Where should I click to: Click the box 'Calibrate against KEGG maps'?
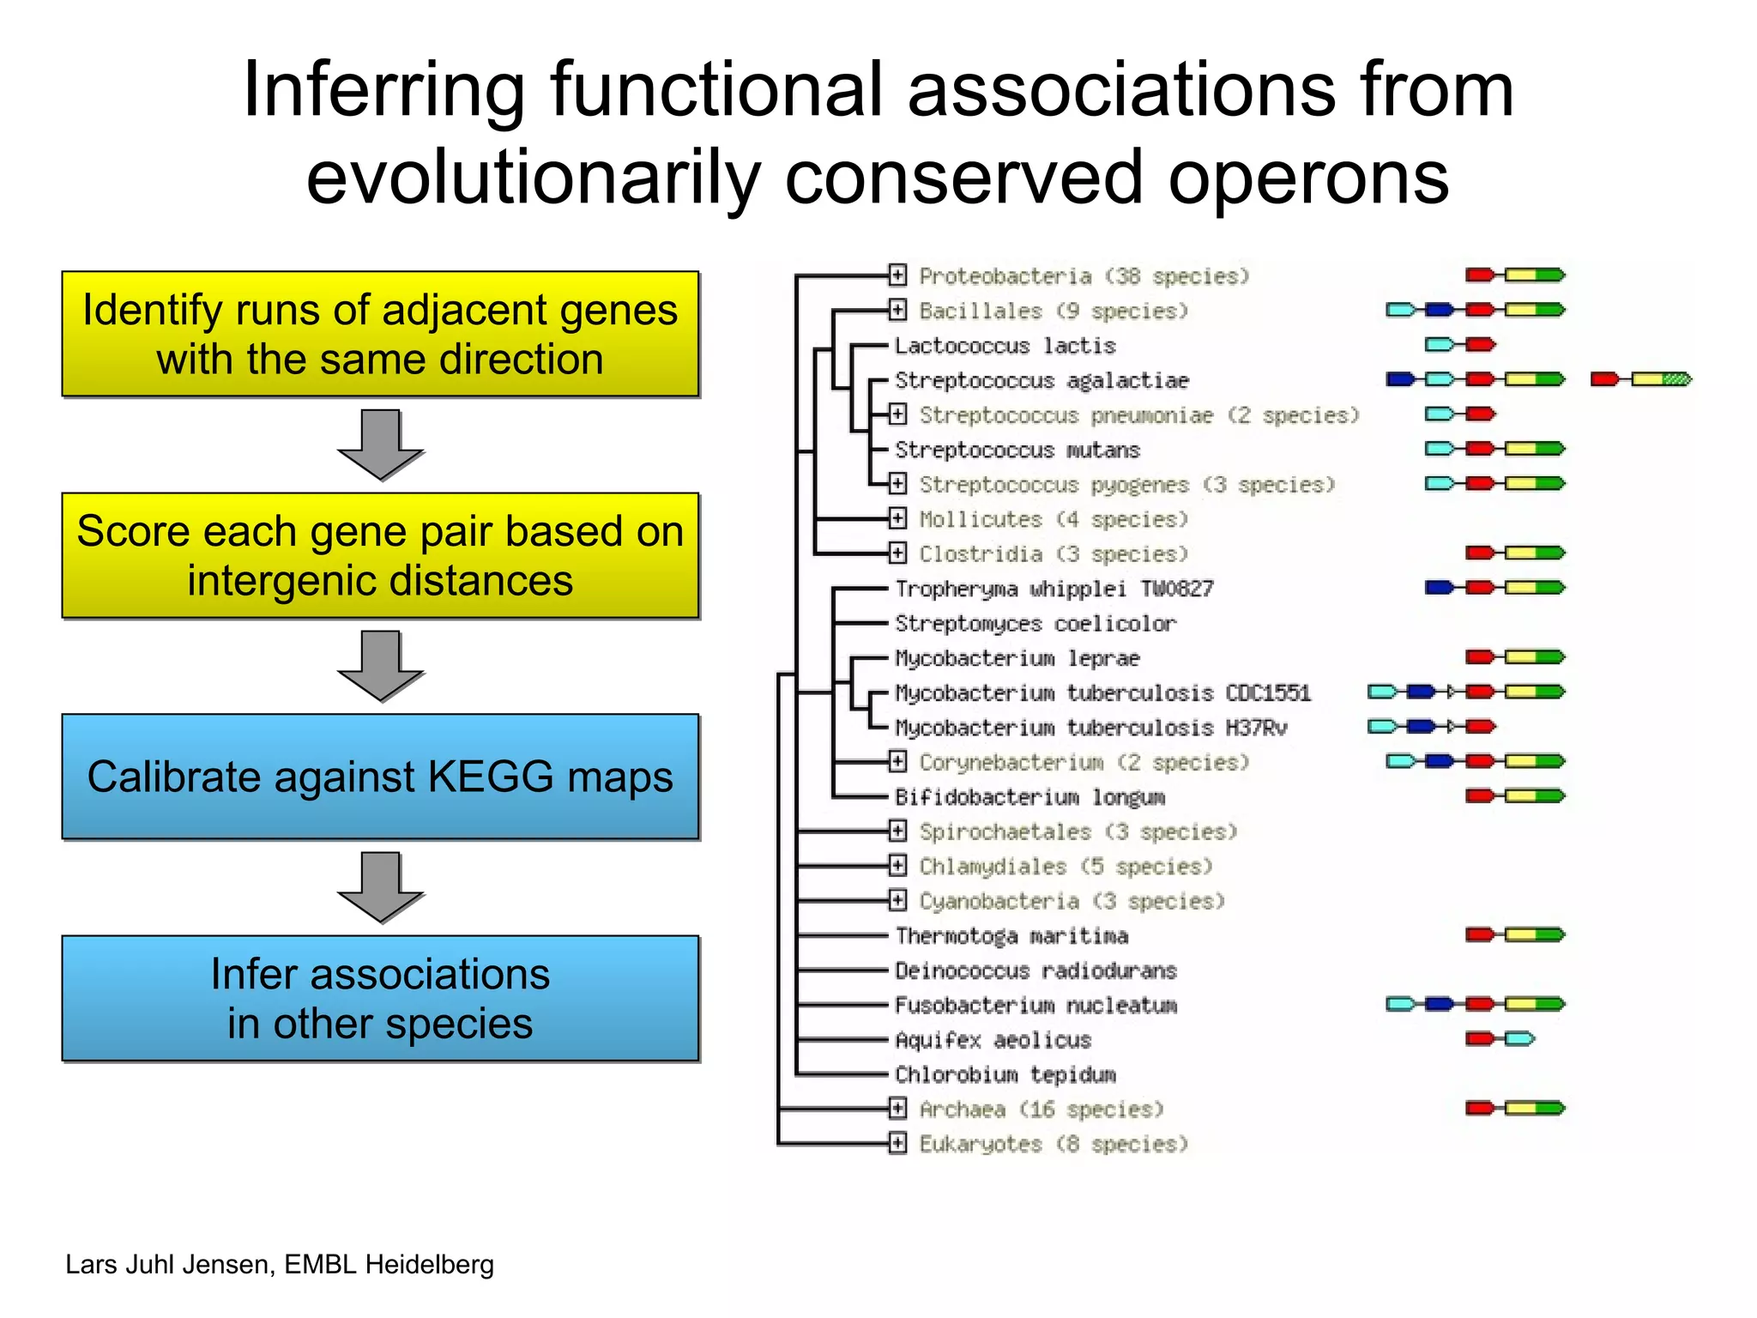click(380, 777)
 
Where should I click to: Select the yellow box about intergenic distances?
click(380, 555)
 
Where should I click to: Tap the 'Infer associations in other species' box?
click(380, 998)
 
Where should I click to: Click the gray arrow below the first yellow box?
click(380, 444)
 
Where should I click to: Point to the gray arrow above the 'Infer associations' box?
click(380, 886)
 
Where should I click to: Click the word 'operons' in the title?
click(1307, 178)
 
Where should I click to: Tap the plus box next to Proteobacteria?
click(897, 275)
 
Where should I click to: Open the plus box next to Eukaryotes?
click(897, 1143)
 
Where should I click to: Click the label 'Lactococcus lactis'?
click(1005, 346)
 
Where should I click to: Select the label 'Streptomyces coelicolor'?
click(1035, 624)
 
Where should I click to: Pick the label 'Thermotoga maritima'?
click(1011, 935)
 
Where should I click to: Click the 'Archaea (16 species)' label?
click(1041, 1109)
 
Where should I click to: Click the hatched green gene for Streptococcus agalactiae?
click(1676, 378)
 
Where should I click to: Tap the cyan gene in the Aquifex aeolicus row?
click(1519, 1039)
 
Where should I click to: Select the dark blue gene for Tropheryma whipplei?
click(1439, 588)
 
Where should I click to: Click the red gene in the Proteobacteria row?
click(1479, 275)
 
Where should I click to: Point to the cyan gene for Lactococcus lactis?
click(1439, 344)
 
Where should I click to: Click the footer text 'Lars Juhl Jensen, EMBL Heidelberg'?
click(280, 1265)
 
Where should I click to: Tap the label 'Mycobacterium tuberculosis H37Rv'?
click(1090, 728)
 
